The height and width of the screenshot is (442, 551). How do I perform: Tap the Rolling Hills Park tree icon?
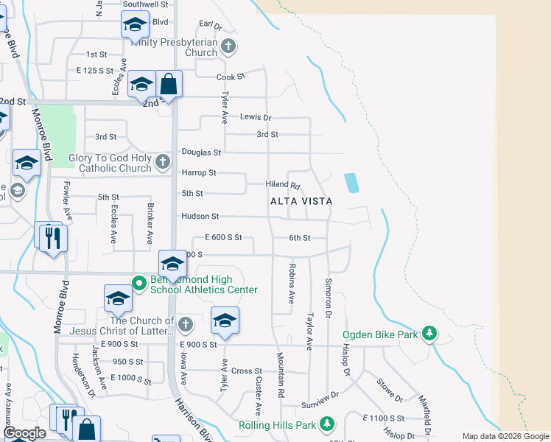click(327, 425)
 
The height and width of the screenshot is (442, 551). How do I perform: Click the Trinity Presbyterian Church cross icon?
click(228, 47)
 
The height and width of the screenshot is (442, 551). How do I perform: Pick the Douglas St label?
click(201, 152)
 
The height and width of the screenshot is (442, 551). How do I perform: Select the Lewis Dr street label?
click(256, 117)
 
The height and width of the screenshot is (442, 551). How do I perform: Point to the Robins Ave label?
click(292, 284)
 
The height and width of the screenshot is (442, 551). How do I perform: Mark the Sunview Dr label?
click(320, 405)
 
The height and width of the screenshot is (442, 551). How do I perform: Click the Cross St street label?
click(246, 371)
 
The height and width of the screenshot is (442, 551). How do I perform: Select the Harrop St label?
click(199, 173)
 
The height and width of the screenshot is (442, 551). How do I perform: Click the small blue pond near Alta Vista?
click(351, 183)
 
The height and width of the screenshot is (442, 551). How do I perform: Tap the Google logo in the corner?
click(24, 434)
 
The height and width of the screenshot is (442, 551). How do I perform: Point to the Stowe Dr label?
click(389, 391)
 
